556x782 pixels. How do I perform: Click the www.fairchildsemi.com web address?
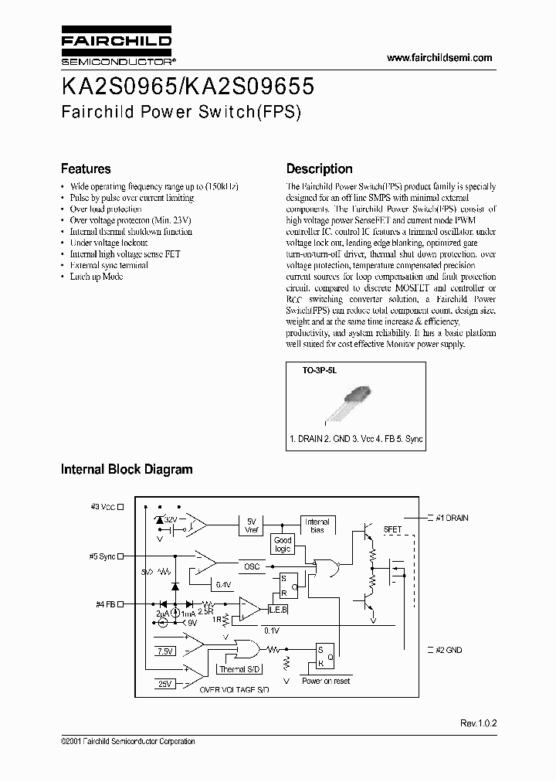tap(439, 58)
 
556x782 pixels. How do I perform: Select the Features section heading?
tap(86, 168)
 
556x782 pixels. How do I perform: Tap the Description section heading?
tap(319, 168)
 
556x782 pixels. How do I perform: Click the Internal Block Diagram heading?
tap(127, 469)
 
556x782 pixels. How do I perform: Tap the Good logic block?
tap(283, 545)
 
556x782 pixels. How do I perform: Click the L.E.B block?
tap(278, 610)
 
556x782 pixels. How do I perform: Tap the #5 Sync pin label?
tap(103, 555)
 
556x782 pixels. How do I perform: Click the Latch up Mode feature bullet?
tap(96, 277)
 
